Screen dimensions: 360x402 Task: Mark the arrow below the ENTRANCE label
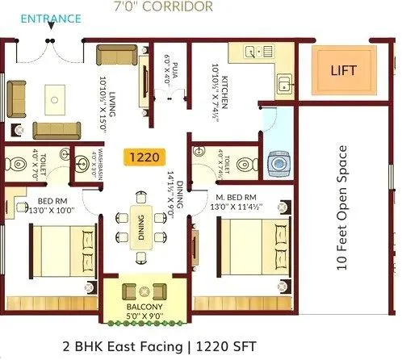52,26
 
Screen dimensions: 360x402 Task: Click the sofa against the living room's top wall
112,56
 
